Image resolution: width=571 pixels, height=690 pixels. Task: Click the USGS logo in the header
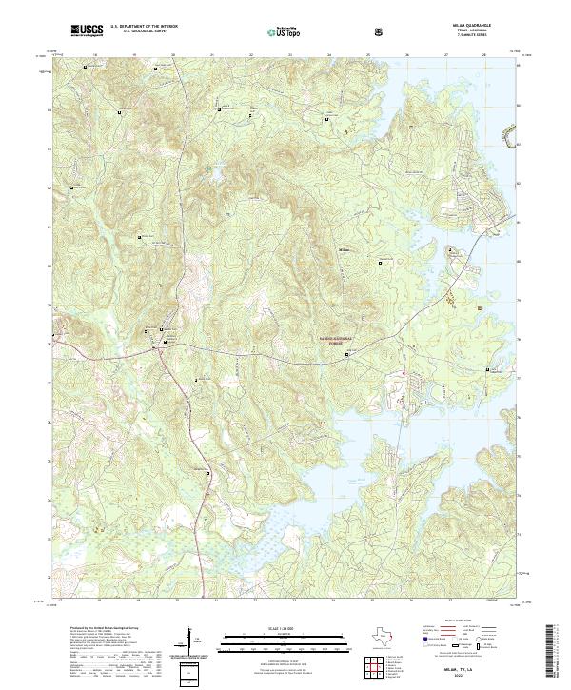pos(87,32)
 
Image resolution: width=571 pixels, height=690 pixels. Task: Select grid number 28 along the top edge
pos(484,56)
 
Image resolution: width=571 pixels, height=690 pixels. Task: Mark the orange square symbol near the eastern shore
pos(480,308)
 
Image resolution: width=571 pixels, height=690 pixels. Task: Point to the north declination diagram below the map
pos(196,644)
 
